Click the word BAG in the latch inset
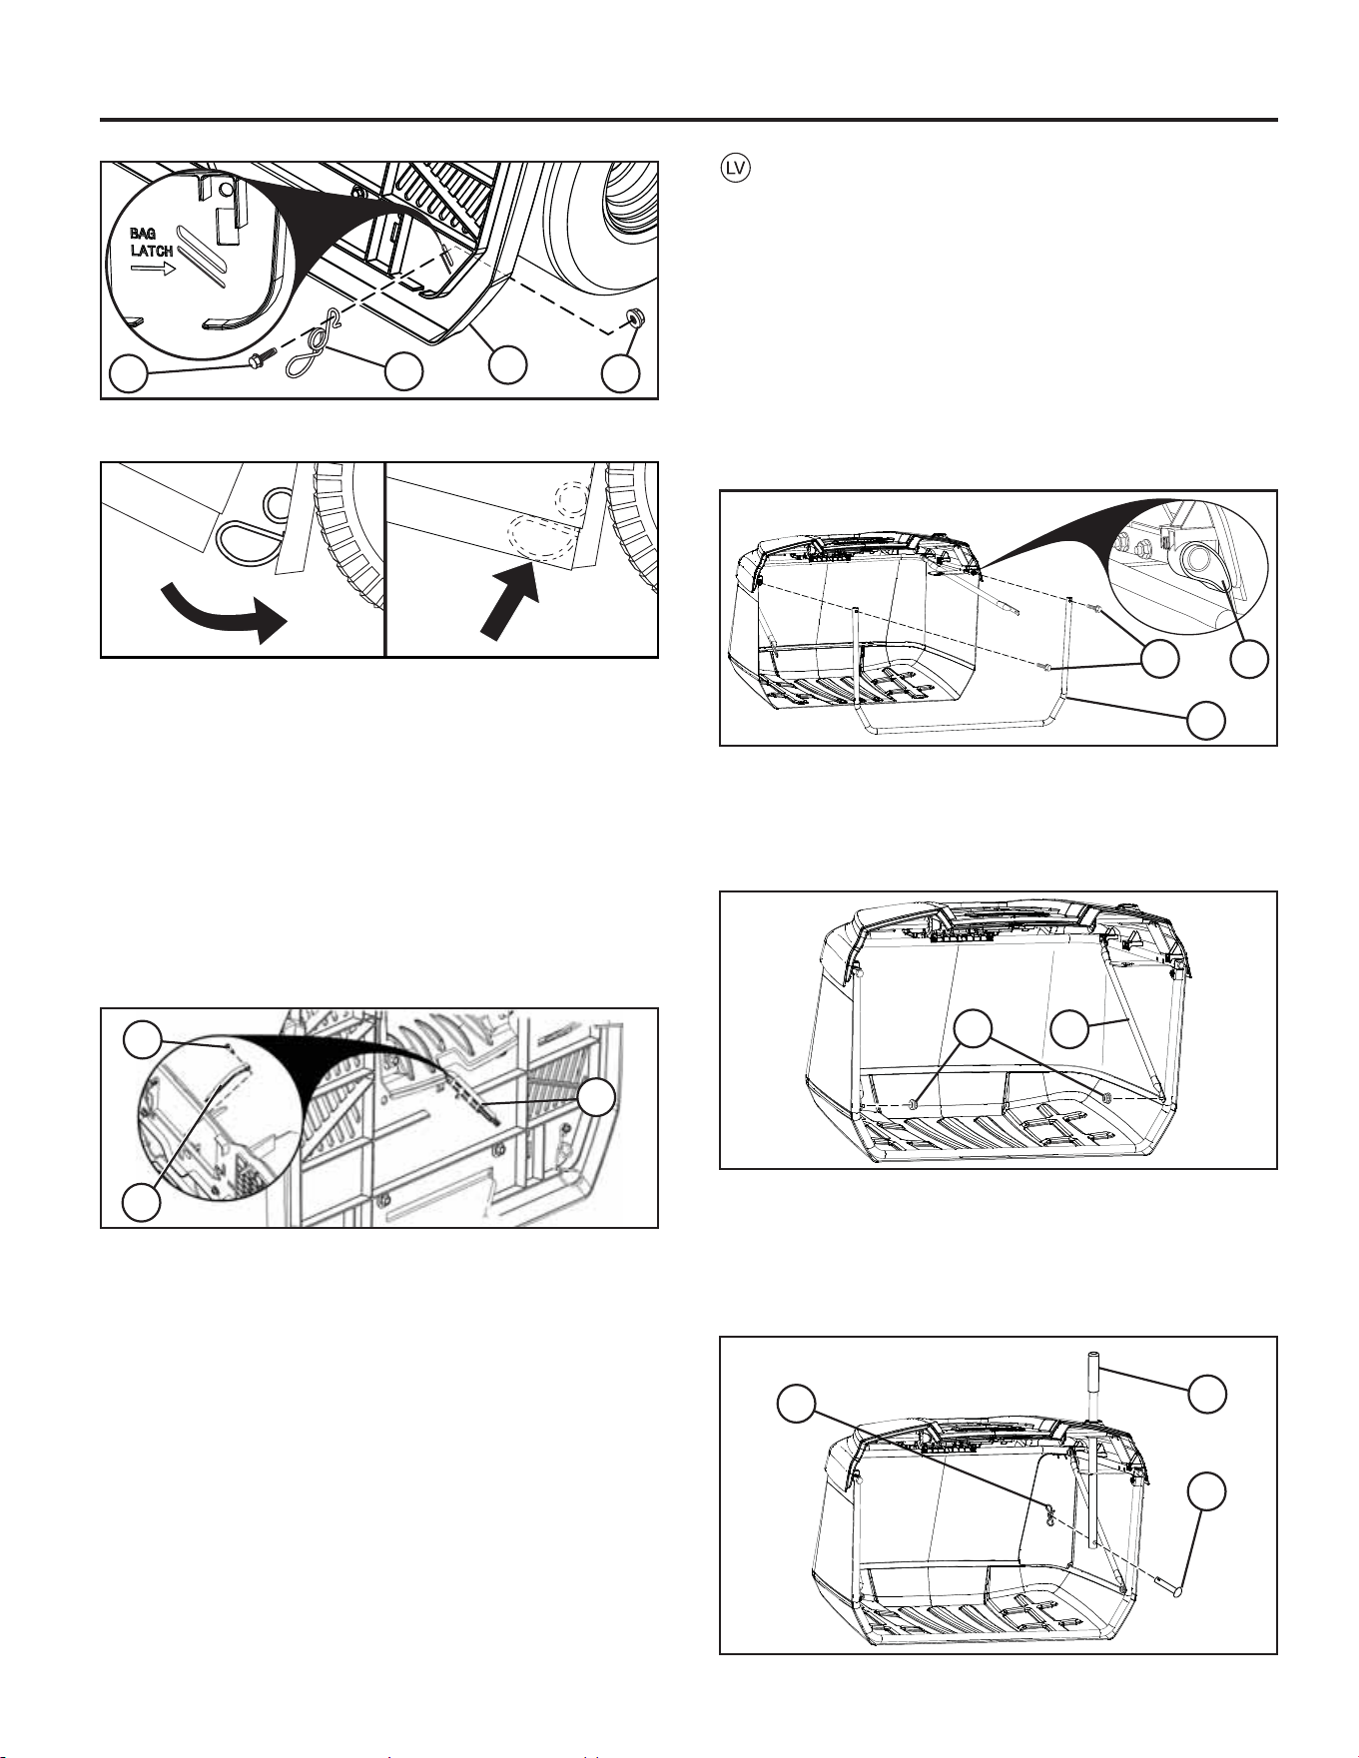click(x=142, y=234)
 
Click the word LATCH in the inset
click(x=152, y=252)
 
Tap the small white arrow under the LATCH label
click(x=153, y=269)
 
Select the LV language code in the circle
click(x=736, y=169)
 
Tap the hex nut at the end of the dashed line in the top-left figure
click(x=633, y=319)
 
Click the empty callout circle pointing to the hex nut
click(x=621, y=374)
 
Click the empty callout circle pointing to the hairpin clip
click(x=403, y=371)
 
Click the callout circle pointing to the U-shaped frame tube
click(x=1206, y=720)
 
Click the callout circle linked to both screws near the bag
click(x=1159, y=659)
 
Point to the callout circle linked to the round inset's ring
click(x=1249, y=659)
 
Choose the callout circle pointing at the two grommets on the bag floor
click(x=974, y=1028)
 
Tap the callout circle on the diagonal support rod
click(x=1070, y=1028)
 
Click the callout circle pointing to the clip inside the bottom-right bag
click(x=796, y=1402)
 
